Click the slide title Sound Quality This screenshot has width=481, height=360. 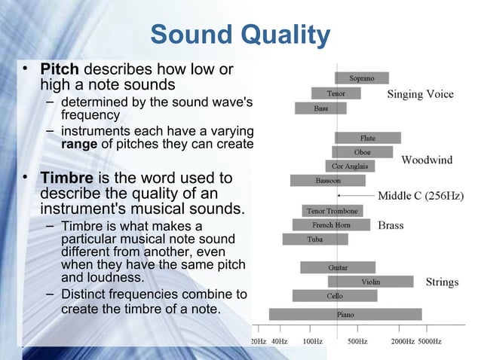click(240, 35)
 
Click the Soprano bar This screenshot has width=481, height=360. click(362, 78)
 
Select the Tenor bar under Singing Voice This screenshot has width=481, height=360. click(336, 93)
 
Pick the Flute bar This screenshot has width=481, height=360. click(367, 138)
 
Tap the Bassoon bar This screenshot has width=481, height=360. click(328, 181)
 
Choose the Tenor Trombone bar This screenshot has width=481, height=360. click(332, 210)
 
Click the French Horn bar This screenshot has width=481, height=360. click(332, 224)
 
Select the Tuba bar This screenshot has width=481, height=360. click(315, 239)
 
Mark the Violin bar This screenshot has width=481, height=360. click(370, 282)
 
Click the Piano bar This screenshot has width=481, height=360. click(345, 314)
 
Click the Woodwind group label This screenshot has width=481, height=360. click(427, 160)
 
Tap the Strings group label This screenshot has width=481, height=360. click(442, 282)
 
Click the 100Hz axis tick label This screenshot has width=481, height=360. click(312, 341)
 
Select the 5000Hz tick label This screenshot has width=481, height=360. click(430, 341)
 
